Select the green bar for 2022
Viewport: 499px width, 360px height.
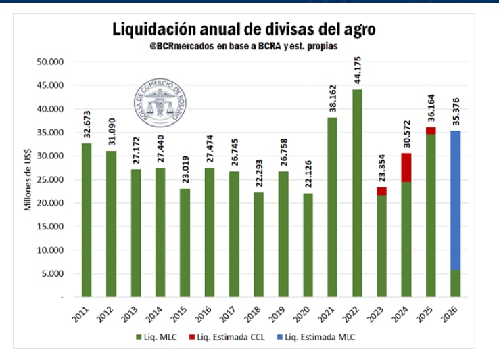coord(357,193)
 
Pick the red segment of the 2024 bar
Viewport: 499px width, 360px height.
coord(406,167)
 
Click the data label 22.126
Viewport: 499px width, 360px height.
coord(308,175)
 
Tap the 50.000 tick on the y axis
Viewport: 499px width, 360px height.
coord(49,62)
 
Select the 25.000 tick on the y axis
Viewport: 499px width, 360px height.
coord(49,179)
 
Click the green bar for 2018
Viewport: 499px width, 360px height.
coord(259,244)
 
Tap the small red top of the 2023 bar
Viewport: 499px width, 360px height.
coord(381,191)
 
